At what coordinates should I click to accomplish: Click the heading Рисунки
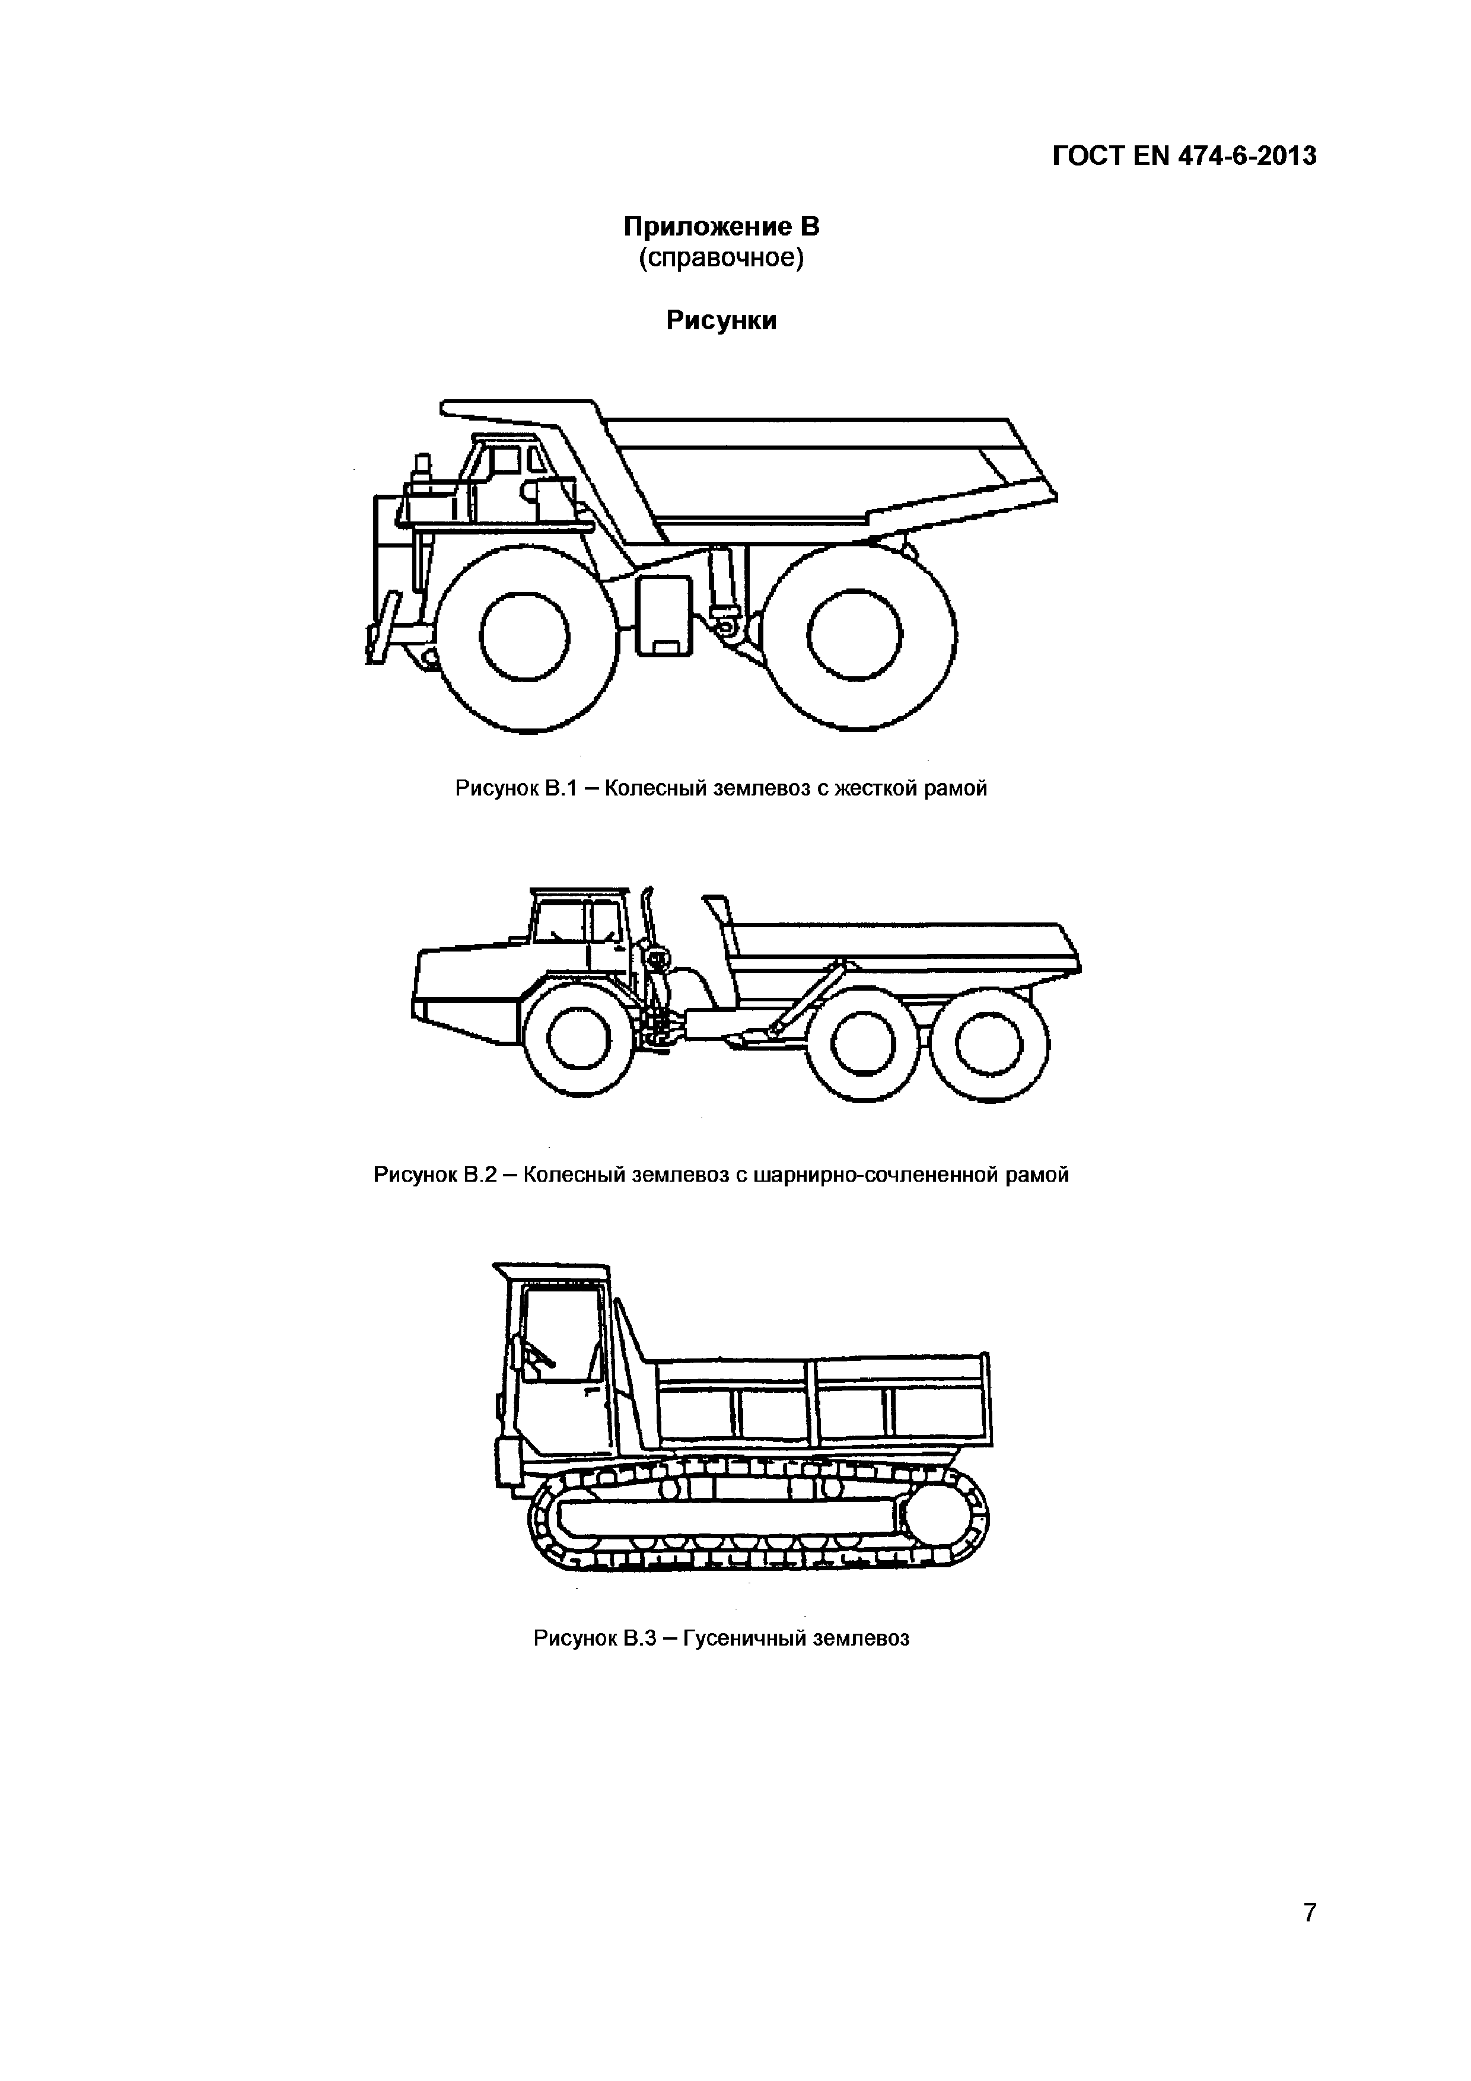point(721,321)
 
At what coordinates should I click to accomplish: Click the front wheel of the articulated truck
point(580,1039)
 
